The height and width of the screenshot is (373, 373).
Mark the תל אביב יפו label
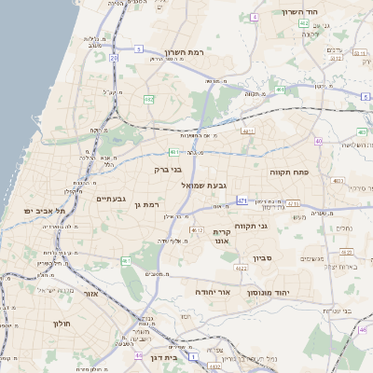tap(42, 212)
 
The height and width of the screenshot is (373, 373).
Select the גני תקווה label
tap(276, 226)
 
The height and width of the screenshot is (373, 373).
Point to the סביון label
tap(263, 255)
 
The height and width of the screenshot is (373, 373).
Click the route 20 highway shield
tap(114, 58)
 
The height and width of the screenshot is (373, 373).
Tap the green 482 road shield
tap(148, 97)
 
